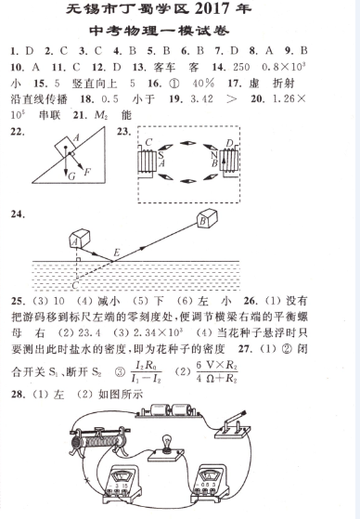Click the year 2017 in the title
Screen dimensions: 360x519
(x=211, y=9)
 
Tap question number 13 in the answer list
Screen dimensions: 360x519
(x=139, y=68)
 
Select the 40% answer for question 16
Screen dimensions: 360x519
(x=202, y=83)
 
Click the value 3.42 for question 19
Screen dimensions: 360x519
(x=201, y=99)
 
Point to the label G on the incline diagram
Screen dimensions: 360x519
(x=71, y=176)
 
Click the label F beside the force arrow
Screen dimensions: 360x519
(x=87, y=172)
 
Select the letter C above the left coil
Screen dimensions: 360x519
(x=148, y=142)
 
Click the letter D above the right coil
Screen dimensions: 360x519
(x=229, y=143)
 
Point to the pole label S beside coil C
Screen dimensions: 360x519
(x=161, y=155)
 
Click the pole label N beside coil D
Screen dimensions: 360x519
(x=214, y=155)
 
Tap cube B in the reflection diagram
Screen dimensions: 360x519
(x=208, y=219)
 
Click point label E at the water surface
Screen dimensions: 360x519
(x=117, y=253)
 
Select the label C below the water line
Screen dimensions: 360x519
(x=75, y=285)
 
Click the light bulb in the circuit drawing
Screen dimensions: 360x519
(x=166, y=443)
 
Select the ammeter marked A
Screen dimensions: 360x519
(x=210, y=484)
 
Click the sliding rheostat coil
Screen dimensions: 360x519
(x=98, y=442)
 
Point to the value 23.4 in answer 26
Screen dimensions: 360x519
(x=89, y=332)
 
